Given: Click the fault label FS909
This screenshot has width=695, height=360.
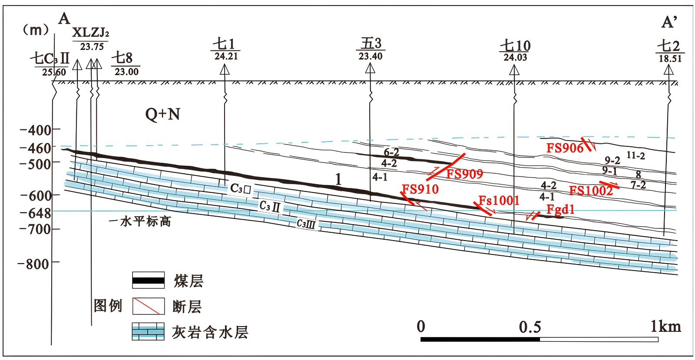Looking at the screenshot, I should click(464, 174).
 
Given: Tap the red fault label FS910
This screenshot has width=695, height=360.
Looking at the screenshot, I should click(420, 189).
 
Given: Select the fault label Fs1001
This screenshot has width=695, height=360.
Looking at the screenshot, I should click(499, 200).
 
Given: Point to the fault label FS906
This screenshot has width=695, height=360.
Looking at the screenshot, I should click(565, 148).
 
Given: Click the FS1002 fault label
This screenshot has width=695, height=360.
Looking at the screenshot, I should click(591, 191).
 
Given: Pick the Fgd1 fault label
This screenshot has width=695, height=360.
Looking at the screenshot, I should click(560, 209).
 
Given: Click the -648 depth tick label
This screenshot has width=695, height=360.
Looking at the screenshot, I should click(36, 213).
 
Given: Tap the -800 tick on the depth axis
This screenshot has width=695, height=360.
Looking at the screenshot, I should click(33, 264).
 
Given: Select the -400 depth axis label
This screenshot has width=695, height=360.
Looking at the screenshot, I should click(36, 130).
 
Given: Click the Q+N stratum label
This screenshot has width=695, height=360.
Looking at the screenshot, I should click(162, 114).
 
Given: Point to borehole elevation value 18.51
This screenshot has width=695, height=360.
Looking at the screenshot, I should click(670, 59).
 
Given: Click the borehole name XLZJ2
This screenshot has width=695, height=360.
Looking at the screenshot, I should click(90, 33).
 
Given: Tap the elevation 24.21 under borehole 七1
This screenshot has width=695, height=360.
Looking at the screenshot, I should click(226, 56).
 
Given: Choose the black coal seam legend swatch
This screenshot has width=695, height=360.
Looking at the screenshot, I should click(148, 281).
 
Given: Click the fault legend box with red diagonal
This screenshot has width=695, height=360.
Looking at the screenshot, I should click(148, 306).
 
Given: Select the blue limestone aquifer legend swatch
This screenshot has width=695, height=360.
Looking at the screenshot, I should click(148, 332).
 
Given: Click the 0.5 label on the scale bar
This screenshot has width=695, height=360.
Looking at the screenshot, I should click(530, 327).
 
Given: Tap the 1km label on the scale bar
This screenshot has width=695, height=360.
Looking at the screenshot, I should click(665, 326).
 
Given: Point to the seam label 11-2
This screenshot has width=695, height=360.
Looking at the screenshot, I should click(635, 155).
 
